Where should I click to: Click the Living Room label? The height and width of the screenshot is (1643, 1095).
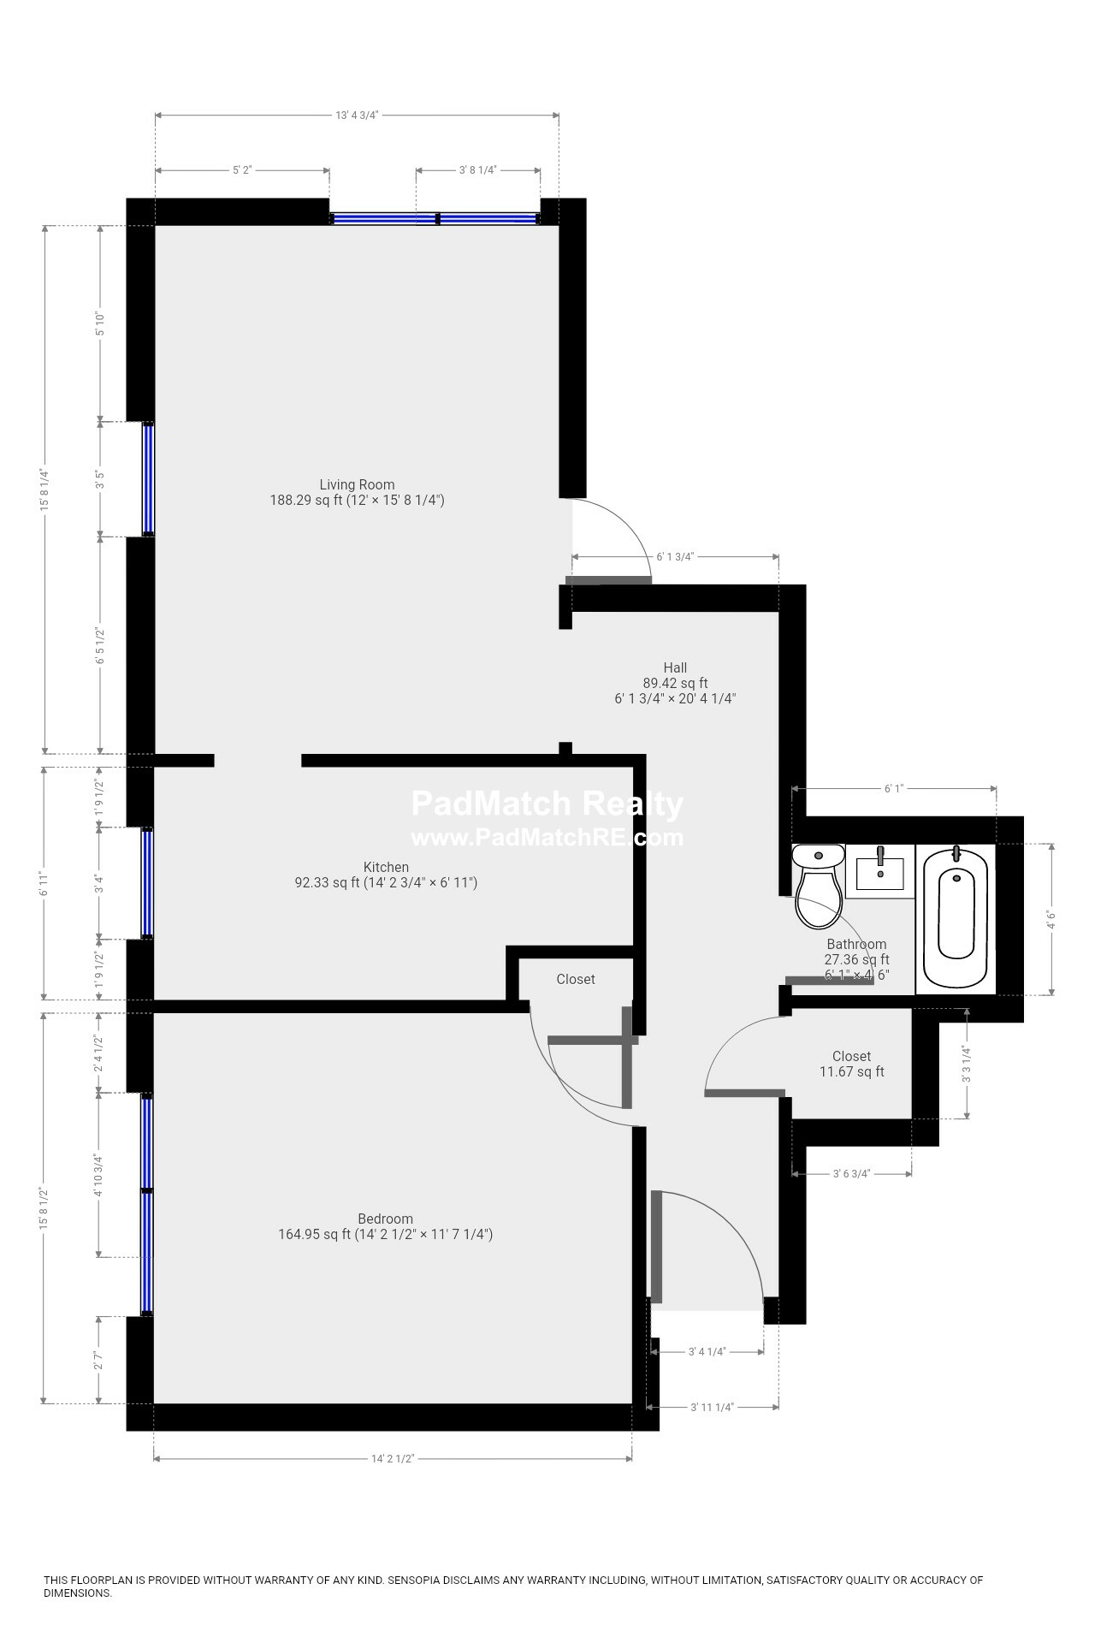357,484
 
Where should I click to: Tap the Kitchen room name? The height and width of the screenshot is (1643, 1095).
386,867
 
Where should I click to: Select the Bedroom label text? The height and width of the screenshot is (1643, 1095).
385,1219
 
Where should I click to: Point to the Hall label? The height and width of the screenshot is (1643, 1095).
675,667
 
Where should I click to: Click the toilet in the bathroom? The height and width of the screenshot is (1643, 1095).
818,890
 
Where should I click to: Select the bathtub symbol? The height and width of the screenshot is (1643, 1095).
956,914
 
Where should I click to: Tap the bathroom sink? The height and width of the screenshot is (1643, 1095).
880,871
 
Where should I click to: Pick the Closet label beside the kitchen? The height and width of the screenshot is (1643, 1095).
576,979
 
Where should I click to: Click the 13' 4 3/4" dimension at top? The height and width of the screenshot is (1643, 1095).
357,115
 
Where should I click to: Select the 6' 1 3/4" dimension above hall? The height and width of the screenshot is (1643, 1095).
675,557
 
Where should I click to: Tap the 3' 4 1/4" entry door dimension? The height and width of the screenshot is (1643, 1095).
707,1352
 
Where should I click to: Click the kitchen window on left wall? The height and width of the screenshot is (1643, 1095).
147,883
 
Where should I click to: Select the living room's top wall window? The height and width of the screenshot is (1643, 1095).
435,219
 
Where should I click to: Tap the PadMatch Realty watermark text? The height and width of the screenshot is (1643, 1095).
547,804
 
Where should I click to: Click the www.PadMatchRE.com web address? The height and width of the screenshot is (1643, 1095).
547,837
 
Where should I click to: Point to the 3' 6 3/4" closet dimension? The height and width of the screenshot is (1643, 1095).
851,1174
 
